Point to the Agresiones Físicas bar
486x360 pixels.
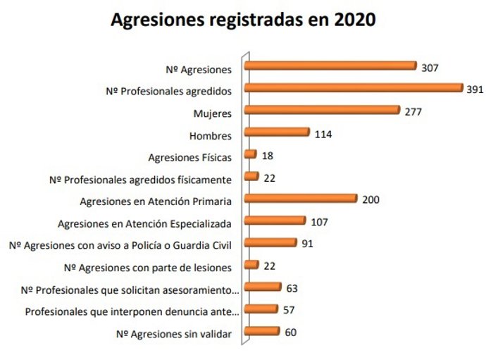(250, 154)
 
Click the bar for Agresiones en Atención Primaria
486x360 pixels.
(301, 199)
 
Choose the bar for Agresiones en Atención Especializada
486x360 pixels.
(275, 221)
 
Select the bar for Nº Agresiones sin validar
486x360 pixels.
(261, 332)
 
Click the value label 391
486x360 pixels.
(476, 89)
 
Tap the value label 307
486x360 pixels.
(430, 68)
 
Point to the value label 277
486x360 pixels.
(413, 111)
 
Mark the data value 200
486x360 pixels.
(370, 200)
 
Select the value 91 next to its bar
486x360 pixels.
(306, 244)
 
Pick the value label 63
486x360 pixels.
(292, 288)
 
